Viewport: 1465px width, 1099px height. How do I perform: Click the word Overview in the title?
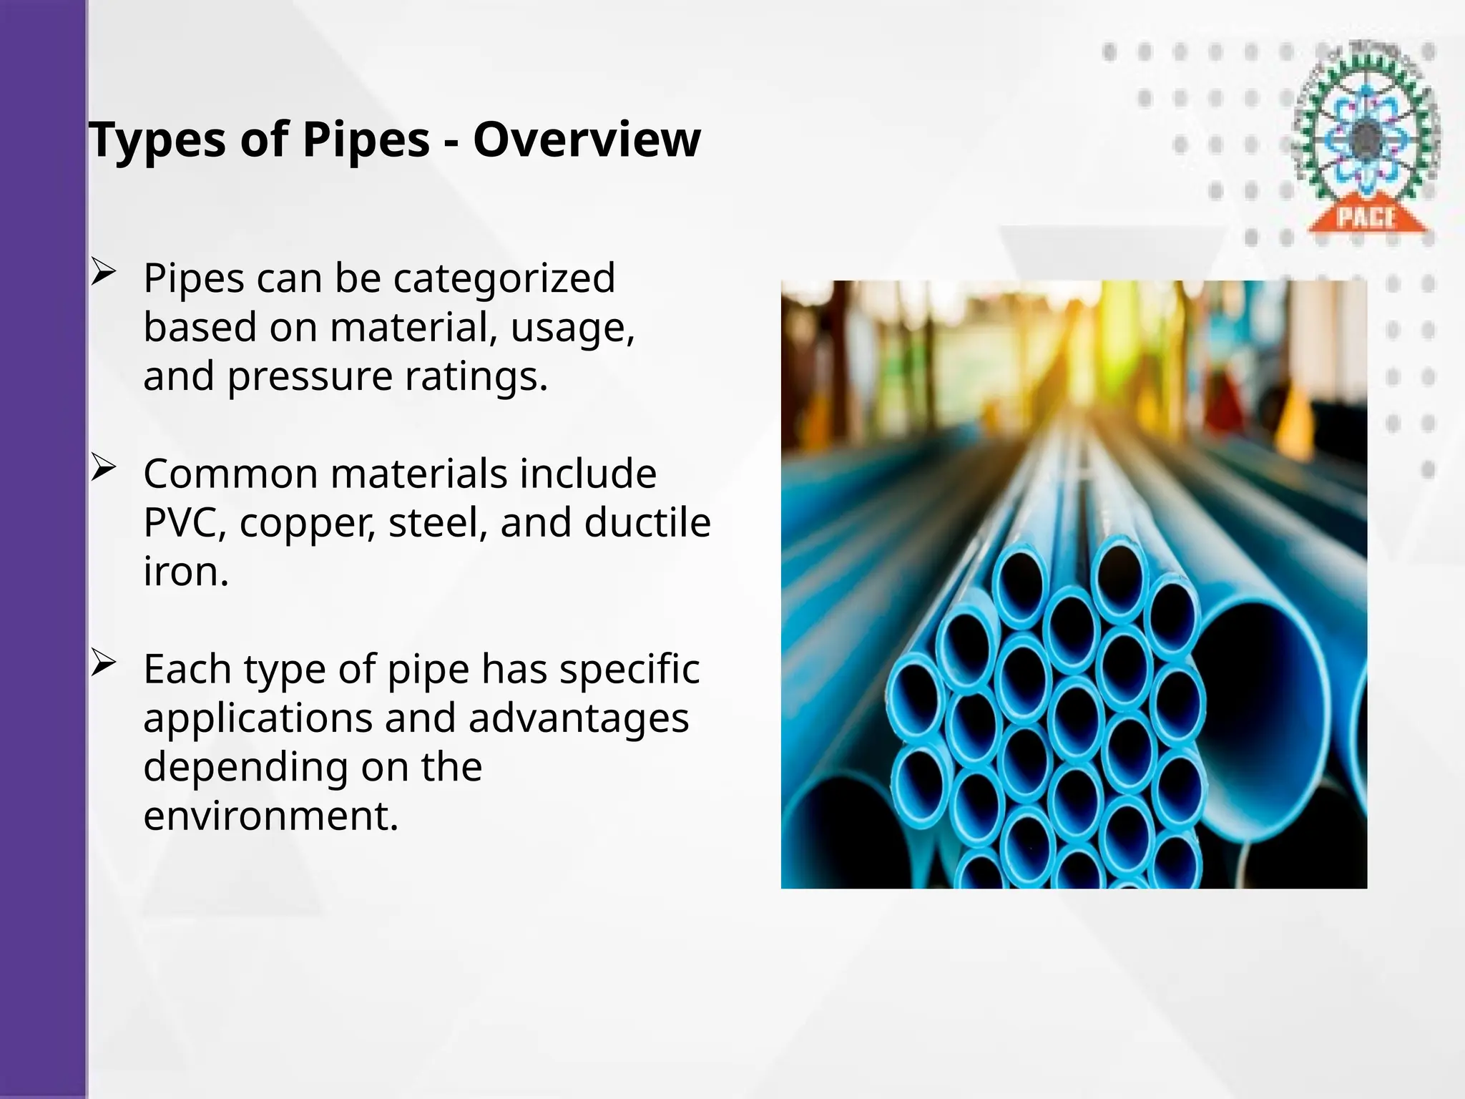(587, 140)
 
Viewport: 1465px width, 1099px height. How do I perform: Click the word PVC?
(185, 523)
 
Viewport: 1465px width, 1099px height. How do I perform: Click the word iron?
(186, 572)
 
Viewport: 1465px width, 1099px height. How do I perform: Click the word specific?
(629, 670)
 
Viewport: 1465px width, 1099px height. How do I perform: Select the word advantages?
(578, 719)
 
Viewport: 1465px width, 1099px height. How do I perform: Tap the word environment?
(270, 816)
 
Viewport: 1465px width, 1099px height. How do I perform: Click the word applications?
(258, 719)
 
